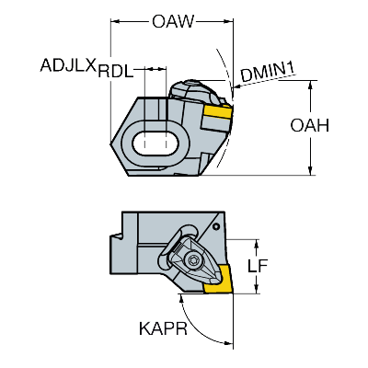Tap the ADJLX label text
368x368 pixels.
(x=68, y=67)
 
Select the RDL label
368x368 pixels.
(x=116, y=69)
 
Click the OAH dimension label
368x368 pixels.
(x=333, y=126)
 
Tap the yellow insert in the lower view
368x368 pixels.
(x=218, y=288)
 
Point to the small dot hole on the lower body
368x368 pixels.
(x=215, y=224)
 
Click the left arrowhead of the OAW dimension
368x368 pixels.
(x=114, y=20)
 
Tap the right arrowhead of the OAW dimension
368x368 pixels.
(x=229, y=20)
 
